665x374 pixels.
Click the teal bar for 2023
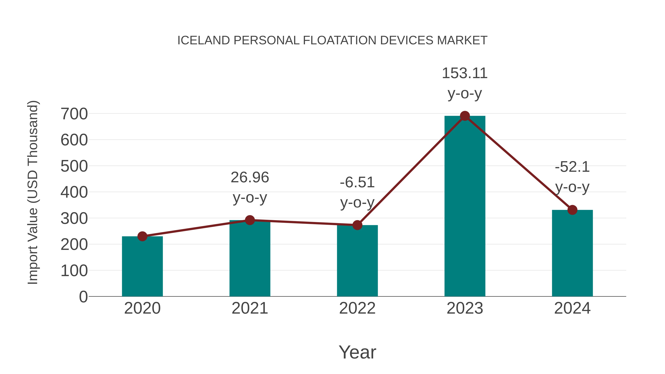coord(465,206)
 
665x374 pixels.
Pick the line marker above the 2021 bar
coord(250,220)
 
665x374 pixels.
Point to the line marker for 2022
coord(357,225)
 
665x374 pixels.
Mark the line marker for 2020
coord(142,236)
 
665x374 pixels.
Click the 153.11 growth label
coord(465,73)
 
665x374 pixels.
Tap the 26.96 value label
coord(250,177)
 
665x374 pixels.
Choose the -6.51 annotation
coord(357,183)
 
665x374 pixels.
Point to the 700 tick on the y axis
coord(74,114)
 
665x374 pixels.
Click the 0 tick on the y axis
coord(83,297)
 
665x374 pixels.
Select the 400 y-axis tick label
coord(74,193)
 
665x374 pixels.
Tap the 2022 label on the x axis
coord(357,308)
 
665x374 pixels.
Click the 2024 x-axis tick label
coord(572,308)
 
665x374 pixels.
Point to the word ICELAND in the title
coord(204,40)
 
